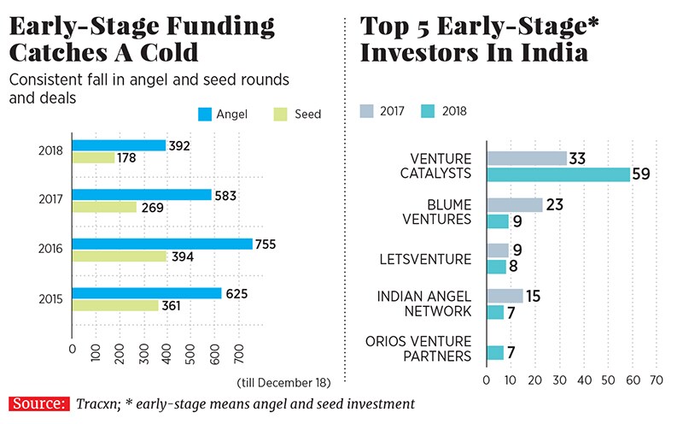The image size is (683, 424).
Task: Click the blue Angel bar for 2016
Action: coord(162,244)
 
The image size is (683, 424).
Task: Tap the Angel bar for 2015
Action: coord(147,293)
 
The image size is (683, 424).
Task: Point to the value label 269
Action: coord(151,207)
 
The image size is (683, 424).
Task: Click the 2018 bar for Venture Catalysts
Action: coord(557,174)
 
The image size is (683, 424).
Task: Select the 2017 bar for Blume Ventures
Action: coord(514,205)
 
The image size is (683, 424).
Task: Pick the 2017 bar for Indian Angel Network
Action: coord(504,296)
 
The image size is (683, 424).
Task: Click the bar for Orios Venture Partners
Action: coord(494,352)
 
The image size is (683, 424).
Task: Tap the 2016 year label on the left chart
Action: coord(50,250)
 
